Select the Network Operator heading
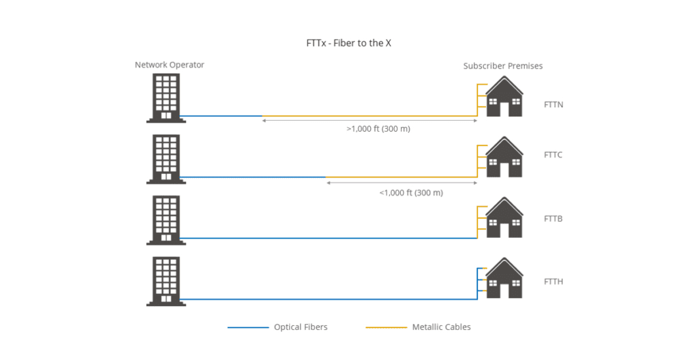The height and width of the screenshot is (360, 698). pos(170,65)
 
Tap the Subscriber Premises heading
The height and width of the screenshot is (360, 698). pos(503,66)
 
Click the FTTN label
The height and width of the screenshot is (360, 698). pos(553,105)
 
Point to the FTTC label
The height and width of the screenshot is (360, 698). pos(553,155)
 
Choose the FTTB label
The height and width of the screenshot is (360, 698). pos(553,219)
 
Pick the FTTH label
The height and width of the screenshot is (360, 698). pos(553,281)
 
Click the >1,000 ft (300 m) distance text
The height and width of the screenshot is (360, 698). pos(378,128)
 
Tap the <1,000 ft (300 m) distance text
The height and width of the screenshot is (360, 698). pos(411,192)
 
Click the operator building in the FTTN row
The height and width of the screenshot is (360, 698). pos(166,98)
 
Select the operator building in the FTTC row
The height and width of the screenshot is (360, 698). pos(166,159)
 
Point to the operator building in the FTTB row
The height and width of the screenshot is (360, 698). pos(166,220)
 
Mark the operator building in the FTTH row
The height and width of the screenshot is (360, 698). pos(166,280)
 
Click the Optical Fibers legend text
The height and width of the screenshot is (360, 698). pos(301,327)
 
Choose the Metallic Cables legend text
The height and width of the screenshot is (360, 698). pos(441,327)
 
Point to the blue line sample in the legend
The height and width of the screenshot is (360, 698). pos(248,328)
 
